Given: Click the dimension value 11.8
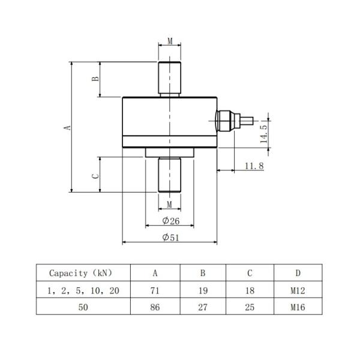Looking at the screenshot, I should (x=254, y=165).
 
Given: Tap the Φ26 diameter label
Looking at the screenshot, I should (x=171, y=220).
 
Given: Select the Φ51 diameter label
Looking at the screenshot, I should (x=171, y=237).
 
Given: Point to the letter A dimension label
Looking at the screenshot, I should (x=68, y=127).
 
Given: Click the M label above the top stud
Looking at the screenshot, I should (x=170, y=41).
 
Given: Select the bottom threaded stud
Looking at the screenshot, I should (x=170, y=174).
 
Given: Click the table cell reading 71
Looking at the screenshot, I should (x=155, y=290).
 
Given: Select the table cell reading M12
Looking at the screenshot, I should (x=298, y=290).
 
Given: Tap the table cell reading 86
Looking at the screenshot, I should (x=155, y=307).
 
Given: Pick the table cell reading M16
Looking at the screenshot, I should (x=298, y=307).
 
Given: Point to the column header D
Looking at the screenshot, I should (x=298, y=273).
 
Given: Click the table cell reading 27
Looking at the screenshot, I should (x=202, y=307).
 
